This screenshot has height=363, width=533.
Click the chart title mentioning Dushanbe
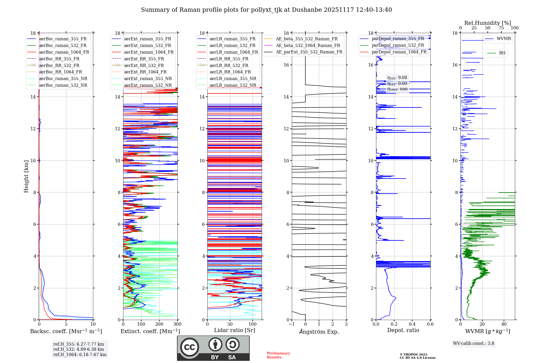[x=266, y=10]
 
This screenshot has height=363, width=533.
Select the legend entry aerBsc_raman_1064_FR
[x=64, y=52]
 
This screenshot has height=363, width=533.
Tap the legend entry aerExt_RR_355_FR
[x=144, y=59]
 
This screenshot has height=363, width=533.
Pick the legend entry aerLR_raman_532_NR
[x=233, y=85]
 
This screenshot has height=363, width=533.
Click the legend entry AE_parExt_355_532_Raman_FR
[x=309, y=52]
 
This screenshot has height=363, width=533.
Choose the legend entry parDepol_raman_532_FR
[x=398, y=45]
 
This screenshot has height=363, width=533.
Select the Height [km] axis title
[x=26, y=176]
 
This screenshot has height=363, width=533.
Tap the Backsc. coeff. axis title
[x=66, y=331]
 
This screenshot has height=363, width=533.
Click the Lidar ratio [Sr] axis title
[x=234, y=330]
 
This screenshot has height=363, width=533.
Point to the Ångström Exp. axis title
[x=319, y=332]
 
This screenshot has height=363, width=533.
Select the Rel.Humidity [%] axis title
[x=487, y=23]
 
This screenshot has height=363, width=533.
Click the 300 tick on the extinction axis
[x=177, y=324]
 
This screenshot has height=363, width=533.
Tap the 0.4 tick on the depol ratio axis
[x=412, y=324]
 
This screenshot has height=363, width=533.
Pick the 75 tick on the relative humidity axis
[x=501, y=28]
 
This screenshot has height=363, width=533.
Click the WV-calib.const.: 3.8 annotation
[x=473, y=344]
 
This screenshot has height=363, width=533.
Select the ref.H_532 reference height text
[x=79, y=349]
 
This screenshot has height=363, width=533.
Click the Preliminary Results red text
[x=278, y=355]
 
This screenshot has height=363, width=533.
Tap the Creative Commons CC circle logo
[x=189, y=347]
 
